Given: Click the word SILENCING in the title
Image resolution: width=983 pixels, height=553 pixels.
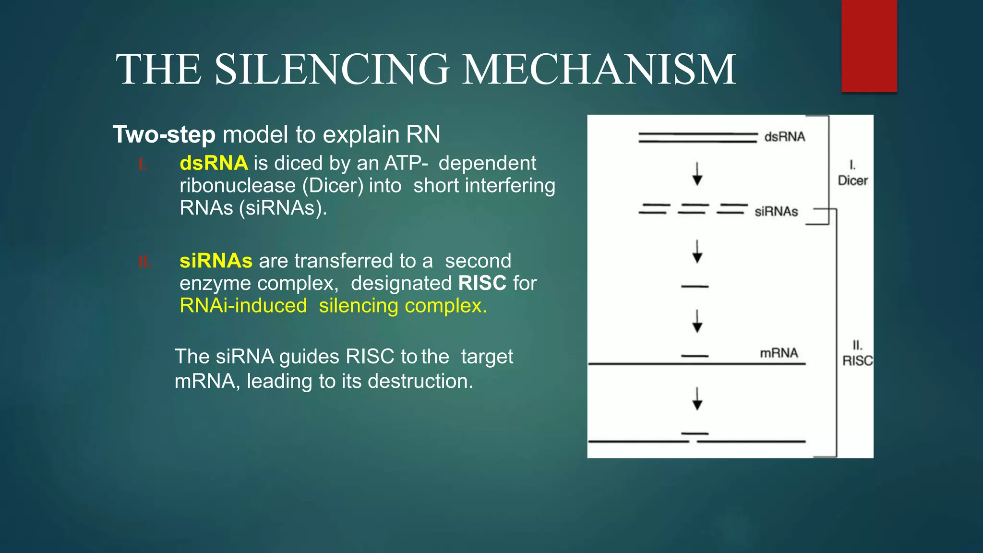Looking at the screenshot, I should click(x=331, y=70).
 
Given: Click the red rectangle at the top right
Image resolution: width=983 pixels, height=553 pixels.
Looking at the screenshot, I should click(x=869, y=46).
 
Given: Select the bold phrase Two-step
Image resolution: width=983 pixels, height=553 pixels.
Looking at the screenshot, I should click(x=164, y=135).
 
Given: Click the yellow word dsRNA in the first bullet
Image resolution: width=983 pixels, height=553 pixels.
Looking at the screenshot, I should click(x=214, y=164).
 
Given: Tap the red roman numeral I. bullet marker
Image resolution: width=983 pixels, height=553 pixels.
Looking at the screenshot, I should click(x=143, y=165).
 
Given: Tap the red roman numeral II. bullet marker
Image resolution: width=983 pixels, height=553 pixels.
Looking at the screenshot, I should click(x=145, y=262).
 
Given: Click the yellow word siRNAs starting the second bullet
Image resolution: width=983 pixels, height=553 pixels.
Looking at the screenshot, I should click(x=216, y=261).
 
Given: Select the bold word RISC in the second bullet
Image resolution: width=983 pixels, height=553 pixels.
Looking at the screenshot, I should click(x=482, y=283).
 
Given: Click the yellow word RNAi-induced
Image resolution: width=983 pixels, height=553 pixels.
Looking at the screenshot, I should click(x=243, y=306).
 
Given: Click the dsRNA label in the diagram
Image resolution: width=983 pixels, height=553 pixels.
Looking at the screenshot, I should click(x=784, y=137).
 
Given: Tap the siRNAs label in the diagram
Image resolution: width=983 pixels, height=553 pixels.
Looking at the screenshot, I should click(x=776, y=212).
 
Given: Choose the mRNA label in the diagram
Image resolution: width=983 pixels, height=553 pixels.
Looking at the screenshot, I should click(x=779, y=353).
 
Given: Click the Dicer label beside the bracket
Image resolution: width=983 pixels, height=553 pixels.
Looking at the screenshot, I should click(x=852, y=180).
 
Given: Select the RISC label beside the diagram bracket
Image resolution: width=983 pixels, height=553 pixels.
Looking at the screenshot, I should click(x=857, y=361).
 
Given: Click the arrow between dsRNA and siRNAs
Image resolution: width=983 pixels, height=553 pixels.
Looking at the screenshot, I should click(x=697, y=174).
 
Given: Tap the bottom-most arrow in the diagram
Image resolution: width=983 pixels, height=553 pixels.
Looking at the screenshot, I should click(x=697, y=398).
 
